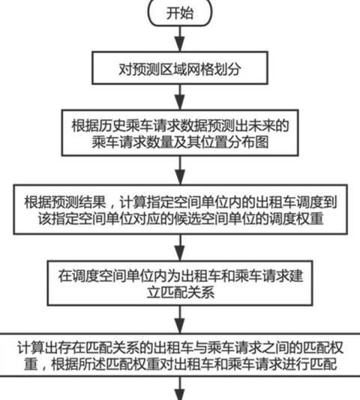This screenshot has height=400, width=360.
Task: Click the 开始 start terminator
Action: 180,13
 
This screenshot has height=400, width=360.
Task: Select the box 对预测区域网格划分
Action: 180,68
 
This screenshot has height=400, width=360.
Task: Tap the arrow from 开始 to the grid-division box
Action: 180,39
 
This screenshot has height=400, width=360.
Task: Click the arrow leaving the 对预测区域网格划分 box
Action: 180,97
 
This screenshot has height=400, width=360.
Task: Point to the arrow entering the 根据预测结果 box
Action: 181,170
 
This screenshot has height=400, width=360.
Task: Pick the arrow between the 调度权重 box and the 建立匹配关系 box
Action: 181,247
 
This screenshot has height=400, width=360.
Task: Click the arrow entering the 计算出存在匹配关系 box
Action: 181,319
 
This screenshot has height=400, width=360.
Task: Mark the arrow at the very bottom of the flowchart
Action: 181,388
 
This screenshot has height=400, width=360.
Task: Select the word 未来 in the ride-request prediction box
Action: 262,126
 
